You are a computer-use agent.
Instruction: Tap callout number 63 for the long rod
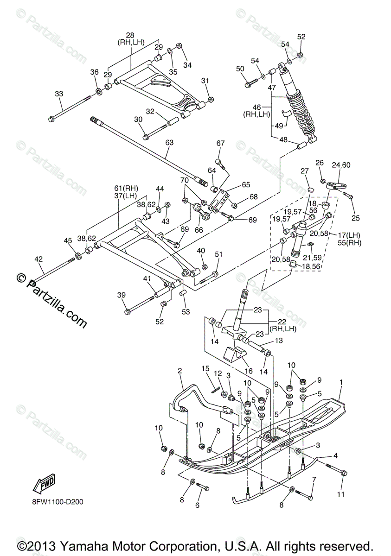[169, 143]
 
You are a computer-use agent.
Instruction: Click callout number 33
[58, 94]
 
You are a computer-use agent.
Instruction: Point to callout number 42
[38, 259]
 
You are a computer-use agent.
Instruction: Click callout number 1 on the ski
[341, 383]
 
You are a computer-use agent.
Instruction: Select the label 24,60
[341, 164]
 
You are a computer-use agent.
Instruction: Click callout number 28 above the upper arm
[130, 35]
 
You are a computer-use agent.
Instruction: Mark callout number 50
[240, 69]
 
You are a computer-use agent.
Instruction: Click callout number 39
[121, 296]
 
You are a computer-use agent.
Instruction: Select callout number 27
[304, 171]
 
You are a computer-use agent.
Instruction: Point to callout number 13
[278, 341]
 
